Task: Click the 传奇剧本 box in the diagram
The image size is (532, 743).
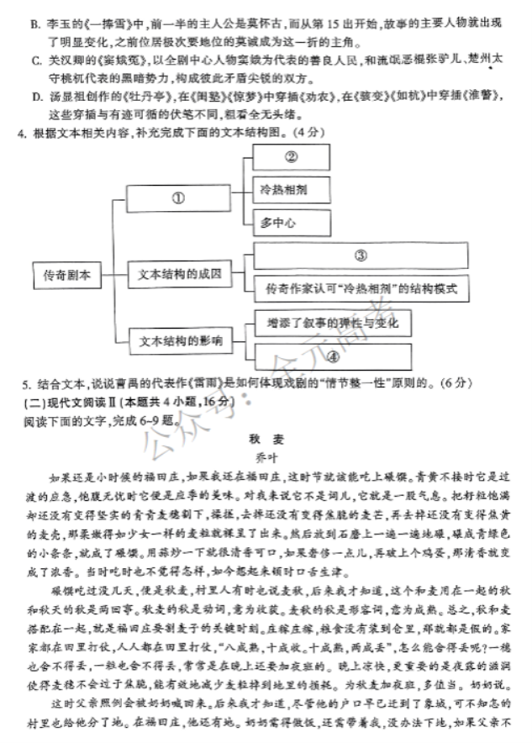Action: [x=66, y=275]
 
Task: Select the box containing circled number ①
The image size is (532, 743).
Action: [x=177, y=199]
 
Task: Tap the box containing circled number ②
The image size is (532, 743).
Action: [x=292, y=157]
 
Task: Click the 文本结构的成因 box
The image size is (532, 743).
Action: [x=177, y=274]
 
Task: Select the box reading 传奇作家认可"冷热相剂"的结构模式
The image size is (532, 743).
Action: [x=361, y=288]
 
